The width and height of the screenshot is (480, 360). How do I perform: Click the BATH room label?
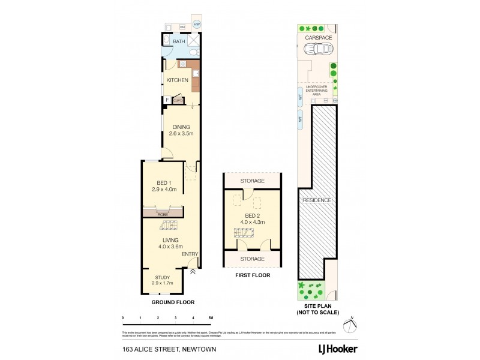pyautogui.click(x=179, y=41)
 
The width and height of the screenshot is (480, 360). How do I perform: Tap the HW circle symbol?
pyautogui.click(x=197, y=25)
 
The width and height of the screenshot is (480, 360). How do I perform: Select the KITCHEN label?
pyautogui.click(x=177, y=80)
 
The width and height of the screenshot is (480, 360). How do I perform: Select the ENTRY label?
pyautogui.click(x=190, y=254)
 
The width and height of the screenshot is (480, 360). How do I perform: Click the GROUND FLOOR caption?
pyautogui.click(x=172, y=302)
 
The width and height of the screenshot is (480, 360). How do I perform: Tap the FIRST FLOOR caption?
pyautogui.click(x=253, y=275)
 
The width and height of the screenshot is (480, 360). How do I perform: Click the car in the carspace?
pyautogui.click(x=319, y=49)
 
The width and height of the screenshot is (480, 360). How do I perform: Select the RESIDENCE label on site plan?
pyautogui.click(x=316, y=200)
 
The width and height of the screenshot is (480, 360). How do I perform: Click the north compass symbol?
pyautogui.click(x=352, y=325)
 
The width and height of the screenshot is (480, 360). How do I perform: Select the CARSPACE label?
pyautogui.click(x=318, y=37)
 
